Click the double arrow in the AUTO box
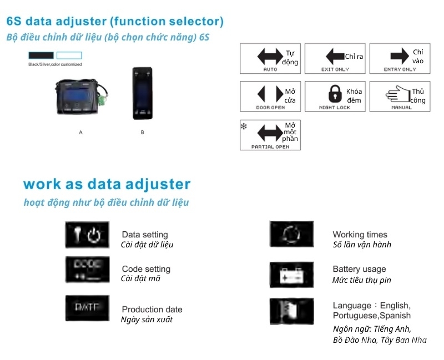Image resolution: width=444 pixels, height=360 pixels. click(270, 57)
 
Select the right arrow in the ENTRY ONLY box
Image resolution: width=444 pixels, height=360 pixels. click(400, 57)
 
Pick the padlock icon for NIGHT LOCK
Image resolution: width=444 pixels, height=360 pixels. click(335, 93)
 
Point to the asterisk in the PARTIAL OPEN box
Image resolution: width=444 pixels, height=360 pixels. click(244, 126)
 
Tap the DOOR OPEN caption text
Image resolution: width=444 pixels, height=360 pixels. click(270, 108)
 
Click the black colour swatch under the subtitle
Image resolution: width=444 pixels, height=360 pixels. click(41, 55)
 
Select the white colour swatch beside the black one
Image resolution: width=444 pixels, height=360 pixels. click(69, 55)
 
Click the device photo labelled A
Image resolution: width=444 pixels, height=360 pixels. click(80, 95)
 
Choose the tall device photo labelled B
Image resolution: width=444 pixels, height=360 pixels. click(142, 93)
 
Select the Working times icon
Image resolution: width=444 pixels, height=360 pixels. click(291, 234)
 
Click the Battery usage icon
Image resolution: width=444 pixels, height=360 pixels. click(291, 274)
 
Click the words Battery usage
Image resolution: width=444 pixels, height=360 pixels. click(359, 269)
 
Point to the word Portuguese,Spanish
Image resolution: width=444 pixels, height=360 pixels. click(371, 316)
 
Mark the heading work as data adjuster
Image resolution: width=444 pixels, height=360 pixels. click(107, 184)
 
